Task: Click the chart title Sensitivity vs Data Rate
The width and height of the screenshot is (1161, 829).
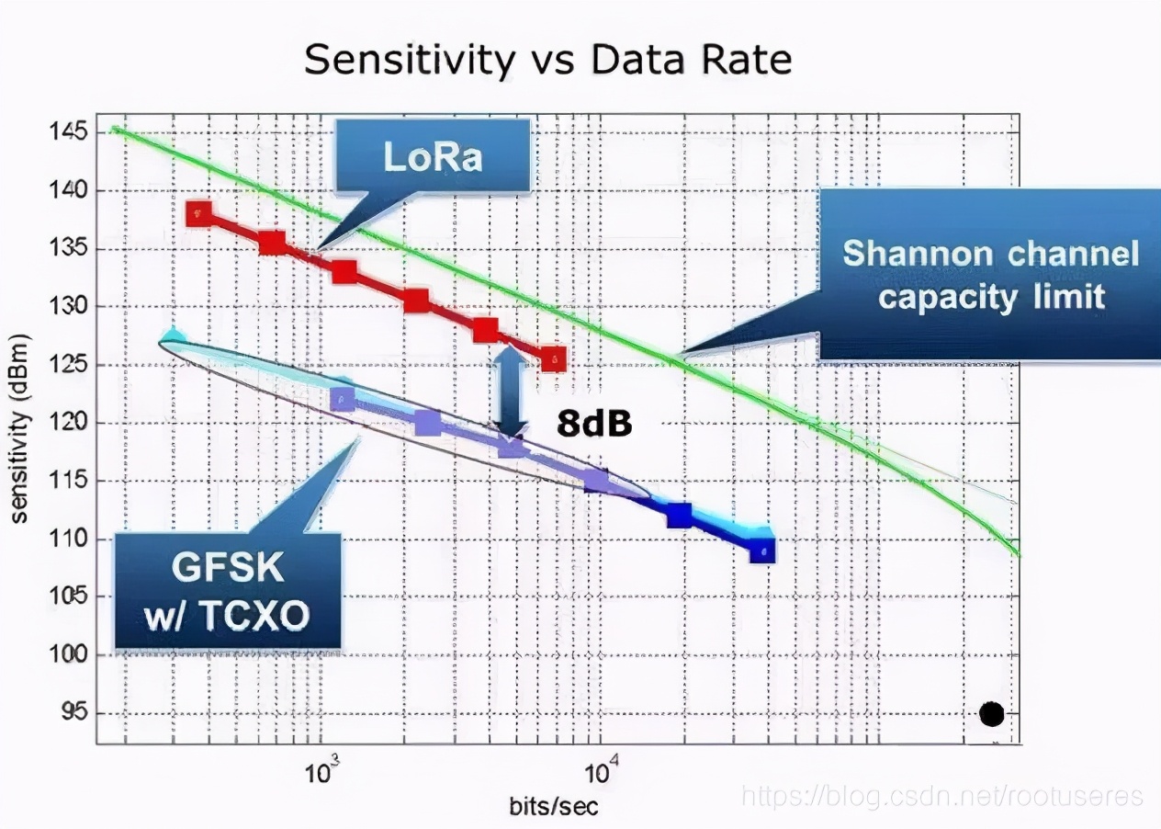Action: pyautogui.click(x=547, y=61)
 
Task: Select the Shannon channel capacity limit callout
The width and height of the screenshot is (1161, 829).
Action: pyautogui.click(x=990, y=275)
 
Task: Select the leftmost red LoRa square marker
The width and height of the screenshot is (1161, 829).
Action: pyautogui.click(x=199, y=214)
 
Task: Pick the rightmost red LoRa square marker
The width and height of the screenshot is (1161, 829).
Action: pyautogui.click(x=553, y=359)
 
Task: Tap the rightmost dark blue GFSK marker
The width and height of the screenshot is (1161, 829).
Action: pyautogui.click(x=761, y=551)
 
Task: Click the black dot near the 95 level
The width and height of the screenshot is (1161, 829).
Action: pyautogui.click(x=991, y=713)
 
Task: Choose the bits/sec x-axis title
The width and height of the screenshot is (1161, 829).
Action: pyautogui.click(x=554, y=807)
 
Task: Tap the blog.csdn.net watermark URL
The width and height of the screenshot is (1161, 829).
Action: pyautogui.click(x=942, y=795)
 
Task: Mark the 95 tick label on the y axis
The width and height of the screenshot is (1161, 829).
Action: pyautogui.click(x=70, y=712)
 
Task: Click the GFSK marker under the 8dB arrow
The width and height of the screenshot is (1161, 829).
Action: pyautogui.click(x=511, y=446)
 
